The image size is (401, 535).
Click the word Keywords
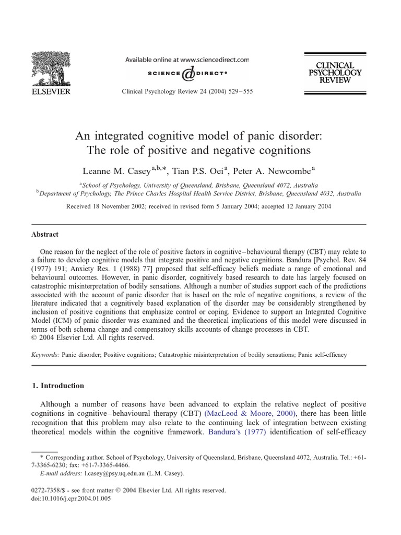coord(45,354)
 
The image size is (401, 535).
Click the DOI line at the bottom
coord(71,498)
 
